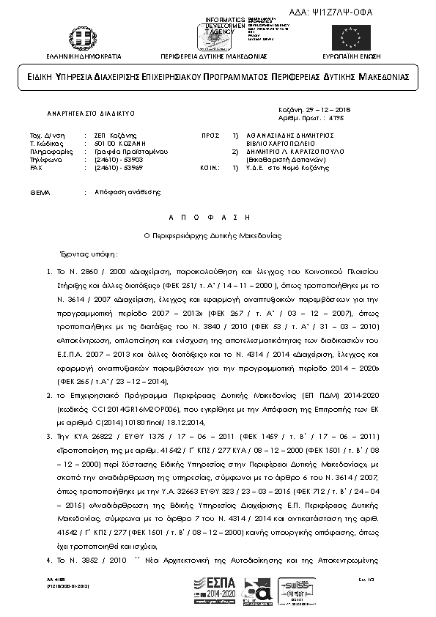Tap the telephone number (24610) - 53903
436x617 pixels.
[x=103, y=158]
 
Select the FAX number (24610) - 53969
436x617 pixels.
[x=103, y=167]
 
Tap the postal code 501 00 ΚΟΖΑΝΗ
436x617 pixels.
[x=106, y=143]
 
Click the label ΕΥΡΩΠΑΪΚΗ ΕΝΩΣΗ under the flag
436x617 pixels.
[x=352, y=56]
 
